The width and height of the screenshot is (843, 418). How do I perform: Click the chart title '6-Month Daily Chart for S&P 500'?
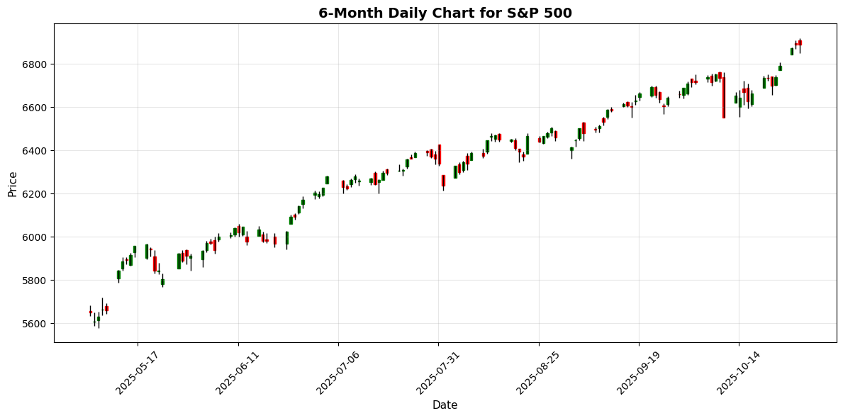tap(445, 13)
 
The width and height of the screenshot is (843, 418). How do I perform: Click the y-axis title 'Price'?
tap(13, 183)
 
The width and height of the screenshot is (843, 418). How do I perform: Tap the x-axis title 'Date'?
tap(445, 405)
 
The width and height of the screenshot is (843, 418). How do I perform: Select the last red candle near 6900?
tap(800, 43)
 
